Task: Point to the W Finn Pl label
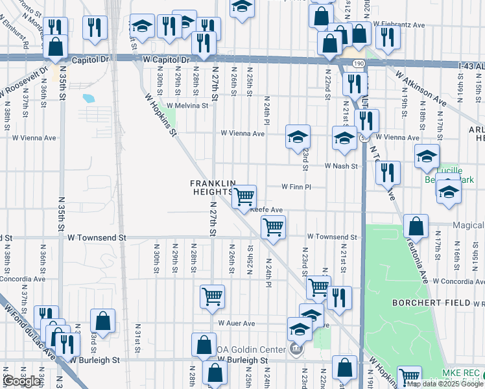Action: click(296, 187)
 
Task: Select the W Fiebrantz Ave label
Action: click(403, 25)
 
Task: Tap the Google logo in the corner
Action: click(21, 381)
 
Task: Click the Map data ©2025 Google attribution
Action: click(445, 384)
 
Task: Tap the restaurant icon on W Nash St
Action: click(388, 172)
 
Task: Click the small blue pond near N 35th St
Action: click(88, 99)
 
